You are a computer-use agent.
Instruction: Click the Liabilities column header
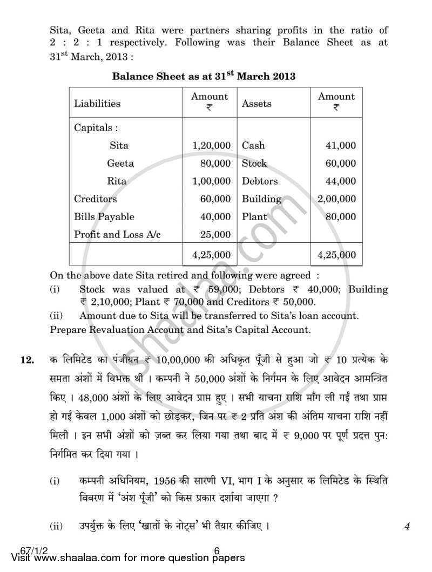(x=97, y=103)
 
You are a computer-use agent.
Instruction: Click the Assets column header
(x=256, y=103)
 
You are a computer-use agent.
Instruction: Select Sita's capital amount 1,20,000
(x=211, y=145)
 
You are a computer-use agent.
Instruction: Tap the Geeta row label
(x=120, y=163)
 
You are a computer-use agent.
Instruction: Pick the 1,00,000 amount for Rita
(x=211, y=181)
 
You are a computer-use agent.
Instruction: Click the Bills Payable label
(x=104, y=216)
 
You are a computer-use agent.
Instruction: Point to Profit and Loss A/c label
(x=117, y=234)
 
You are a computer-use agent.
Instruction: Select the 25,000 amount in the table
(x=215, y=234)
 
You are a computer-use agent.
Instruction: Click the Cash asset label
(x=253, y=145)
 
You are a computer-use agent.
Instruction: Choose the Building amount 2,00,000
(x=337, y=199)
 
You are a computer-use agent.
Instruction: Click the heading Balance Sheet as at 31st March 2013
(x=204, y=76)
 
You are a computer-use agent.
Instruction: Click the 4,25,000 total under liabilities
(x=211, y=255)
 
